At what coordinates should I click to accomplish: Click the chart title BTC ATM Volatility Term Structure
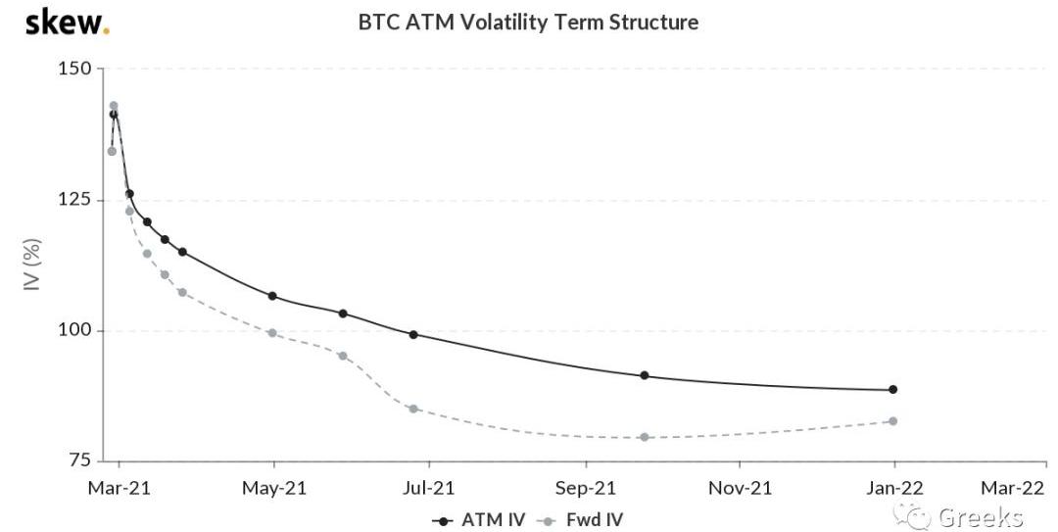528,22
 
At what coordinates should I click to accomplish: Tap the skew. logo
67,23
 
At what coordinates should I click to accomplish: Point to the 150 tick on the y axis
79,69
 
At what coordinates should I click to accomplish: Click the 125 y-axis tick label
79,200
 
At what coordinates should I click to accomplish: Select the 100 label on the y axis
79,330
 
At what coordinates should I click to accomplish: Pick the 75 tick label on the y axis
82,460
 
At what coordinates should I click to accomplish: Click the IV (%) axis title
31,265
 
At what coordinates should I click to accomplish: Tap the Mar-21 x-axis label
119,487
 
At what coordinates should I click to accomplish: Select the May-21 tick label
273,487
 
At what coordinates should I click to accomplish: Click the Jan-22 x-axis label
895,487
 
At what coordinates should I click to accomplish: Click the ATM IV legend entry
481,518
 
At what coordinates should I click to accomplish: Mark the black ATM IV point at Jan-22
893,390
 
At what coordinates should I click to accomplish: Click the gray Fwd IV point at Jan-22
893,421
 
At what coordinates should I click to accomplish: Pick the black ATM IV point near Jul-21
413,335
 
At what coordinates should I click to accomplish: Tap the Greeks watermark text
981,517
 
